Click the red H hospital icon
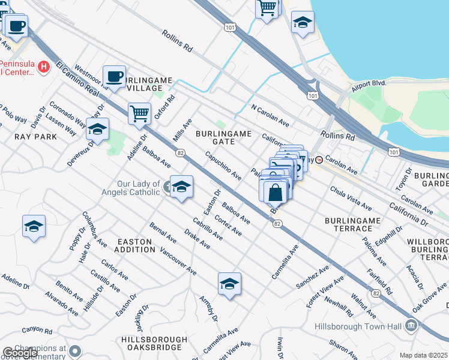coord(43,67)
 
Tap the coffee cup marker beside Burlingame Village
coord(114,76)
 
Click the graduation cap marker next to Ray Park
coord(97,128)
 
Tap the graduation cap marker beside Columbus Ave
coord(34,226)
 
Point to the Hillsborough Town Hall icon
coord(411,326)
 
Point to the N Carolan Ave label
coord(270,116)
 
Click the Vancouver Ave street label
coord(179,262)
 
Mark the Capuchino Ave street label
coord(223,166)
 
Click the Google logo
coord(19,352)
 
